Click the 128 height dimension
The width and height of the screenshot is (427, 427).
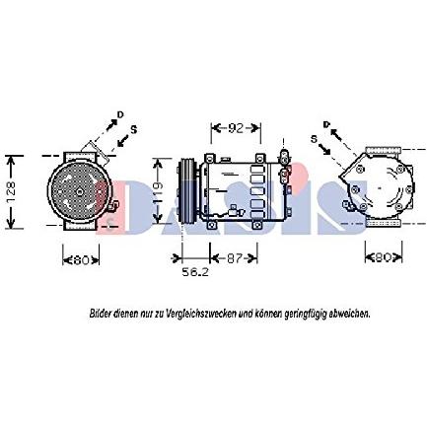(x=11, y=191)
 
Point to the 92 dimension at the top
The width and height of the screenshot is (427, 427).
(x=236, y=128)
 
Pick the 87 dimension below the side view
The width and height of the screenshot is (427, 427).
(x=234, y=259)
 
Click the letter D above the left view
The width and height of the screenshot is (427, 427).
(x=120, y=116)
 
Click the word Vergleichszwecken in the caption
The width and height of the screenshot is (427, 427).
(x=196, y=313)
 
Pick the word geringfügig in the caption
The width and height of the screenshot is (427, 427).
(x=304, y=313)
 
